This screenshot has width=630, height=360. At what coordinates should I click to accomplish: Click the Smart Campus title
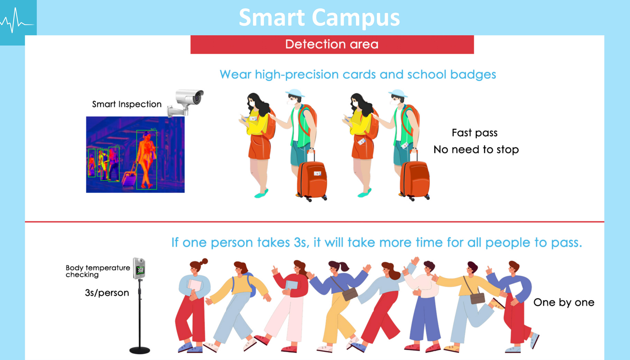319,17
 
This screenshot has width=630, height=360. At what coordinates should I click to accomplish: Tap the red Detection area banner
332,44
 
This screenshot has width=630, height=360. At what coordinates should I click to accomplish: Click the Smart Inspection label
127,104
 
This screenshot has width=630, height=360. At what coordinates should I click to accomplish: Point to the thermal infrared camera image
135,155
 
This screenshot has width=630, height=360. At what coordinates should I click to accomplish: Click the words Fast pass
474,133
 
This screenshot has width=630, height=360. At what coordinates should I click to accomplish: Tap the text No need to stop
476,150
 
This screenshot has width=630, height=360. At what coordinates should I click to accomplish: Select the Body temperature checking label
98,271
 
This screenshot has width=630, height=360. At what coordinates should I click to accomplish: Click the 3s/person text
107,293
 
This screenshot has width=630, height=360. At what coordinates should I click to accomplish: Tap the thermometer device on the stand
139,268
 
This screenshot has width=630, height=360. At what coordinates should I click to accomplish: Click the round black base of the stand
140,350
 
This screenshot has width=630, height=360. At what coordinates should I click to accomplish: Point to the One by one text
564,302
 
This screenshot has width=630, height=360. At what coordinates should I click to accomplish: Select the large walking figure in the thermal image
146,160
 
